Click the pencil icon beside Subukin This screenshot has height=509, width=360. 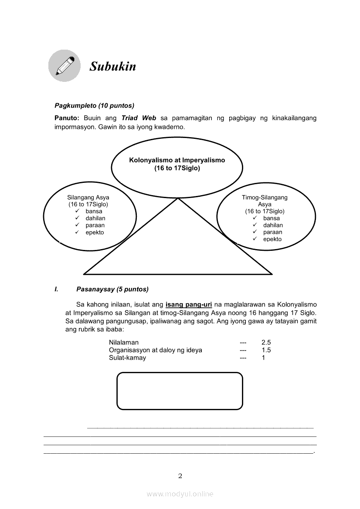(64, 66)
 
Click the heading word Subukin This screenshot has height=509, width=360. (113, 67)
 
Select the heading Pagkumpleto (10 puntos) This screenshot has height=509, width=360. (94, 105)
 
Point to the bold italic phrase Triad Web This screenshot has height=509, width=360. (139, 118)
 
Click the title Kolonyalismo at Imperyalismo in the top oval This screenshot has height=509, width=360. (177, 160)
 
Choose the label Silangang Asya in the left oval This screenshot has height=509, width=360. (88, 197)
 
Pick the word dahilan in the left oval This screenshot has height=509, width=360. (95, 218)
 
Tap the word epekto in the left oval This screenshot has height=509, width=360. (95, 232)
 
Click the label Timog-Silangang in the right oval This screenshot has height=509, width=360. (265, 197)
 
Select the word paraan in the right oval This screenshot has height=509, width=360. (273, 232)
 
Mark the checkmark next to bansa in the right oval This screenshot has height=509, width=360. (255, 218)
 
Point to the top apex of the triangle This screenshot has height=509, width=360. (178, 199)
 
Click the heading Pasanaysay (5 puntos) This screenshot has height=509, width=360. (112, 289)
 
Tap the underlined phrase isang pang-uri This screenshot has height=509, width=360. (189, 304)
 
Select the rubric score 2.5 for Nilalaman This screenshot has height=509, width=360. (266, 343)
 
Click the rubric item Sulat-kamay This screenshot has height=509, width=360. (127, 357)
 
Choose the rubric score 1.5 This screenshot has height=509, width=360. (266, 350)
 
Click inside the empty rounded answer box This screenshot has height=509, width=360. (180, 391)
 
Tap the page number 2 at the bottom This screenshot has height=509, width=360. (180, 475)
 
